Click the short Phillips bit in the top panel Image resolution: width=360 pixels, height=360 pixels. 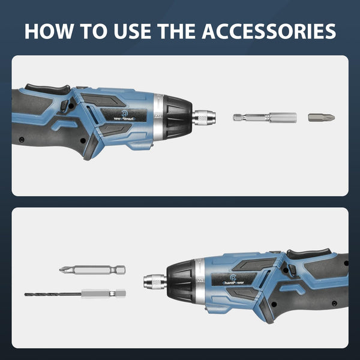coord(322,118)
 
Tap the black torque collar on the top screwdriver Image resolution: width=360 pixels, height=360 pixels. coord(178,113)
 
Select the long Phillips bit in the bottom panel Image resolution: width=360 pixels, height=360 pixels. coord(92,270)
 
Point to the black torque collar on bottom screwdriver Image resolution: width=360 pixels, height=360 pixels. coord(181,280)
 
